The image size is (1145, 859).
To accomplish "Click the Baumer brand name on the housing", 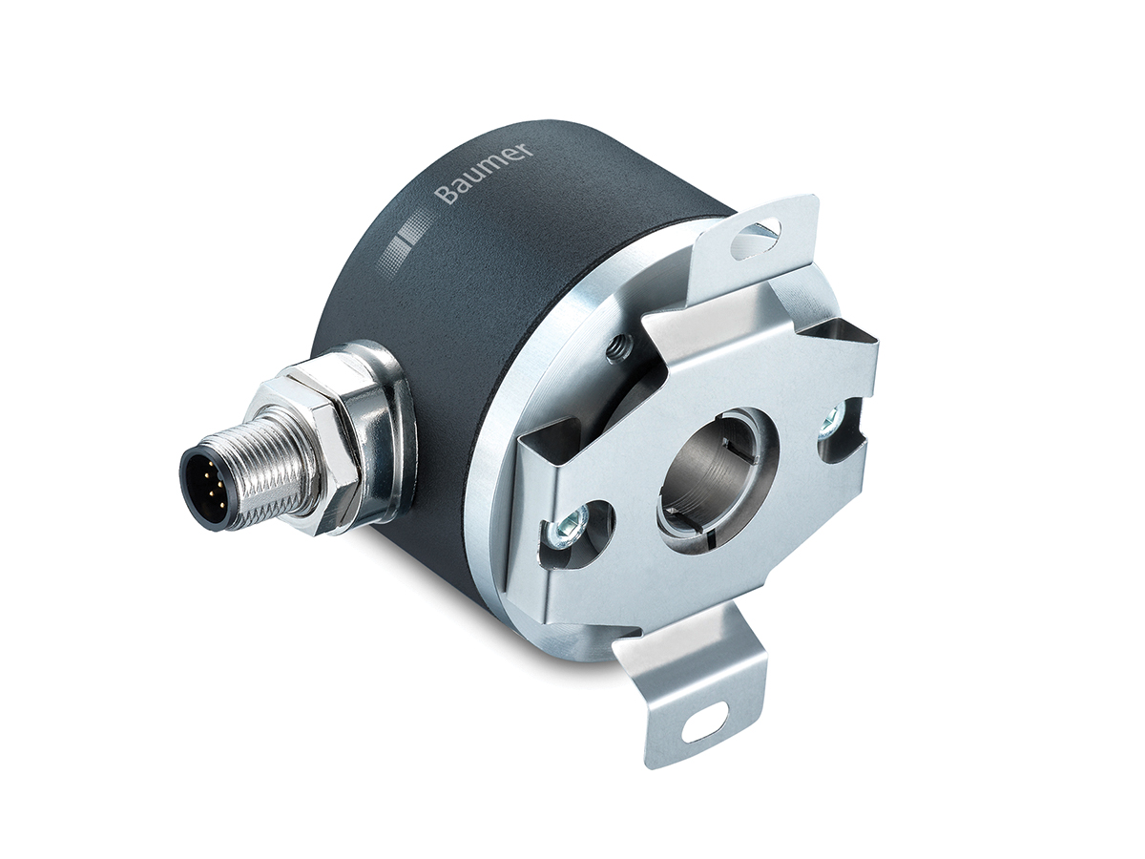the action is coord(485,173).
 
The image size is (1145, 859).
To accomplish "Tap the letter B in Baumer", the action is coord(446,196).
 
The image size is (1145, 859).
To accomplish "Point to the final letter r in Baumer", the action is coord(528,147).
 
